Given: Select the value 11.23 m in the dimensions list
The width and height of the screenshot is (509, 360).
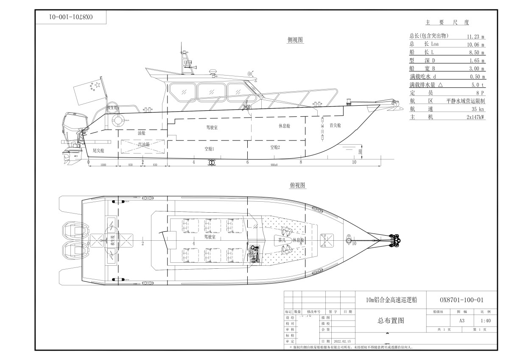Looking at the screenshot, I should tap(476, 37).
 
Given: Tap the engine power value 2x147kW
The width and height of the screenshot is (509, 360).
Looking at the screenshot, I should tap(475, 117).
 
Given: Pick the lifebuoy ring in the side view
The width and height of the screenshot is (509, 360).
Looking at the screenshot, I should tap(117, 120).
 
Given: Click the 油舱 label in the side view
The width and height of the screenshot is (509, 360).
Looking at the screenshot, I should tap(142, 133).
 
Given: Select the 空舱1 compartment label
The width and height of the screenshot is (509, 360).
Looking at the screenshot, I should tap(209, 149).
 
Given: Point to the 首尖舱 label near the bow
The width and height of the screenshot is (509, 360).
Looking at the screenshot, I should tap(335, 125).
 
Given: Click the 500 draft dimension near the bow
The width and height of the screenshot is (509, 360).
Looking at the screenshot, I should tap(360, 152).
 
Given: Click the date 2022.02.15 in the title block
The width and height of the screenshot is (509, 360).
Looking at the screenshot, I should tap(342, 341).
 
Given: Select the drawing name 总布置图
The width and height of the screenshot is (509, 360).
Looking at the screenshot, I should tap(390, 321).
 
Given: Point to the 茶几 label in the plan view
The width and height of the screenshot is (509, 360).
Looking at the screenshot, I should tap(282, 240).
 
